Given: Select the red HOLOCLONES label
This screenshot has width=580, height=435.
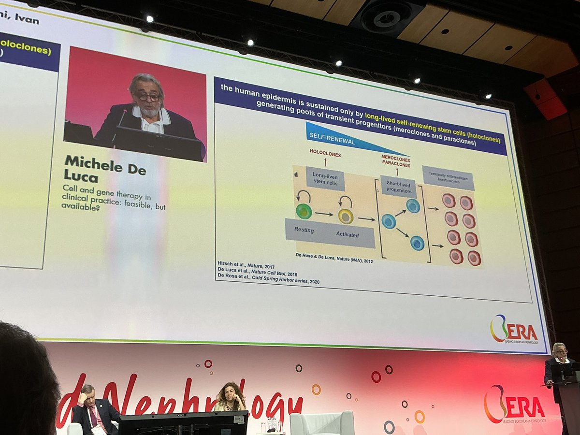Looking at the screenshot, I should [325, 155].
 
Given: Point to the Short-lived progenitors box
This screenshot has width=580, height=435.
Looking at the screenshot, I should [398, 186].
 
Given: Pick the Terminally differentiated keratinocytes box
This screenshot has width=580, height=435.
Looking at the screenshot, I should [448, 178].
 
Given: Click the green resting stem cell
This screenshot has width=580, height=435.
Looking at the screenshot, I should [304, 211].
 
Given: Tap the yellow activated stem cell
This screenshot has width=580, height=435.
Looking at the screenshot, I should [346, 216].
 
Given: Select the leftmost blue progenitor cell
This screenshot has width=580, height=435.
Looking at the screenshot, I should [389, 221].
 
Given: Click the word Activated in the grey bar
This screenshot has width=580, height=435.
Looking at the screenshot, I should [348, 235].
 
